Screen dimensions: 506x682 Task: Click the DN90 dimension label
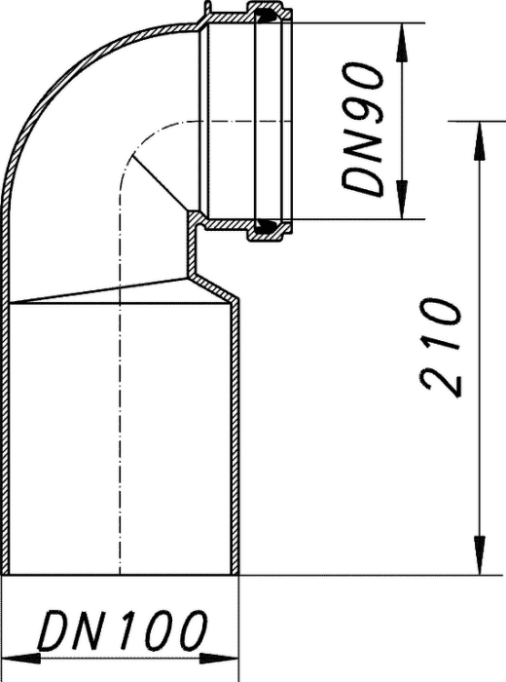coord(364,129)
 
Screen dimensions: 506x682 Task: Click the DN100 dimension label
coord(123,630)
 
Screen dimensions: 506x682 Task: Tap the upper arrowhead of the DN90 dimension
coord(403,42)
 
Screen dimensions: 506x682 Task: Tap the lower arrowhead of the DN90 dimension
coord(403,200)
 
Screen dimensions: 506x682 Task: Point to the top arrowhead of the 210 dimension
coord(480,141)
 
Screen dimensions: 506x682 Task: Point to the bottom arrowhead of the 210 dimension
coord(480,555)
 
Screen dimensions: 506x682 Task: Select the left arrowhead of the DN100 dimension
coord(21,659)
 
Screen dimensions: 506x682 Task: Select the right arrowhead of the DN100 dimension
coord(219,659)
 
